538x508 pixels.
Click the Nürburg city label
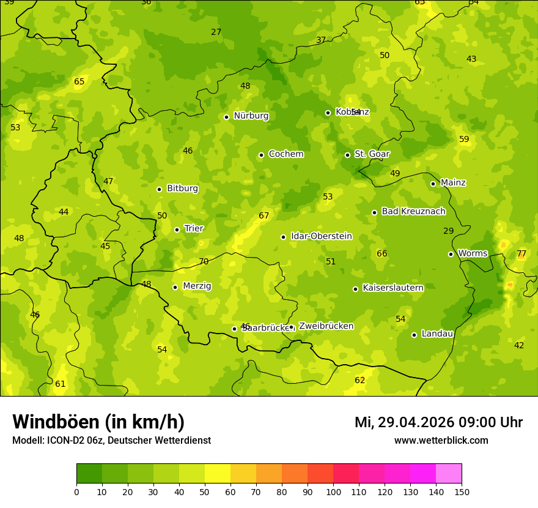coord(251,116)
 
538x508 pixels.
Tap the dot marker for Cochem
coord(261,155)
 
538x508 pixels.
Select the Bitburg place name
coord(182,189)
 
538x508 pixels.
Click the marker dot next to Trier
coord(177,230)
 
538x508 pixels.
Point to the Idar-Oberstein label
coord(321,236)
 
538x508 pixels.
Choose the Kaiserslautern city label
coord(392,288)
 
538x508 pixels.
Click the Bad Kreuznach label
coord(413,211)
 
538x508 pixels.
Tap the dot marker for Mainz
coord(433,184)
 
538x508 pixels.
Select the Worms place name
coord(473,253)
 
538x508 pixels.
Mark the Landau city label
coord(437,334)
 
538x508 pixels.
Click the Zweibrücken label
coord(326,326)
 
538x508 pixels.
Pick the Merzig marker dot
coord(175,287)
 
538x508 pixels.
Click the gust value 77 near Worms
coord(521,253)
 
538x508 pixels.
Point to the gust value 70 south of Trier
coord(204,261)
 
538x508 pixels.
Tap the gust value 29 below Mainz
coord(449,231)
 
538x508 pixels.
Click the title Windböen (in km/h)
coord(98,422)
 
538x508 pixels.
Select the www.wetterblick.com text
coord(441,440)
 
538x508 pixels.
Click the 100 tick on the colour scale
coord(333,491)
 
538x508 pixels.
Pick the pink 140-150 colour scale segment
coord(449,474)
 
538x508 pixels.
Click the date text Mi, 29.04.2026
coord(404,422)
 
